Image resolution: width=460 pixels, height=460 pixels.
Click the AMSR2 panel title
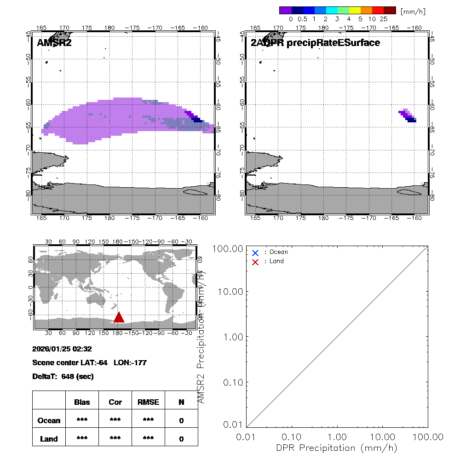(54, 43)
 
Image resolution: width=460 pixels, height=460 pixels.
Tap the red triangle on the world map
(119, 317)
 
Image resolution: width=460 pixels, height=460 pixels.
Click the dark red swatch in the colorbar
(389, 10)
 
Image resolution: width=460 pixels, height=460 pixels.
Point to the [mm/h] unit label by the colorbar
(412, 11)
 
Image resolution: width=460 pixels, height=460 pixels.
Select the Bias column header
(82, 402)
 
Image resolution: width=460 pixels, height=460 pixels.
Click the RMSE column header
(148, 402)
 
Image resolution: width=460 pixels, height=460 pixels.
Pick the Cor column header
(115, 402)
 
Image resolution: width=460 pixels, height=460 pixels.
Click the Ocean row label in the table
(49, 420)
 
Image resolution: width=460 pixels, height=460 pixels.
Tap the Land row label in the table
(49, 439)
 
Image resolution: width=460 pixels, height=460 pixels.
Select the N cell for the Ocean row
(181, 420)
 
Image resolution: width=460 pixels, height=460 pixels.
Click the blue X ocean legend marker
(255, 253)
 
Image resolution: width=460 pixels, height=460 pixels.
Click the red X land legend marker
(255, 262)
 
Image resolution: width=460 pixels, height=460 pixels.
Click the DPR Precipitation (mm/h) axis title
(337, 448)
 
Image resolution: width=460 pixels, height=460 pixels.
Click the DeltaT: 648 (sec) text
(63, 376)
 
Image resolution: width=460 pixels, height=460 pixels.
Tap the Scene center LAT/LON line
(89, 362)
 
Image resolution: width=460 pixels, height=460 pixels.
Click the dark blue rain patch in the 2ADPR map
(411, 120)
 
